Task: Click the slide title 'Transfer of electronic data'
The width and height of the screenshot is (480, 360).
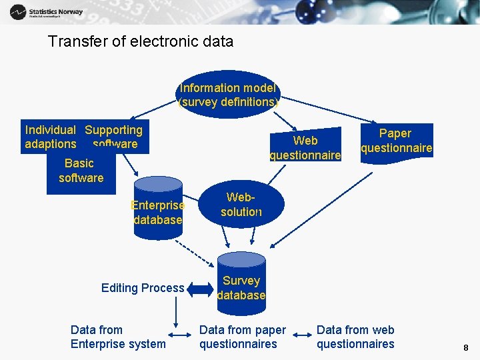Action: (x=141, y=41)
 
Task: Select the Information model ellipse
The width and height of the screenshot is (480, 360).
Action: (x=228, y=95)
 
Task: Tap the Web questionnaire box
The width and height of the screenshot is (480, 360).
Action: (x=305, y=147)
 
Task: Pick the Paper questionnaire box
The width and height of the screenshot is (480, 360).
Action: (x=396, y=141)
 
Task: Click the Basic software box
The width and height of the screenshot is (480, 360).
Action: (x=81, y=171)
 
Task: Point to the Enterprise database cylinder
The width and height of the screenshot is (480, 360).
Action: (x=157, y=209)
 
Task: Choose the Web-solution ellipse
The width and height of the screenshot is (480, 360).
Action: (x=241, y=205)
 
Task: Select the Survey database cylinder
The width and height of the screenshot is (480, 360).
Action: (x=241, y=284)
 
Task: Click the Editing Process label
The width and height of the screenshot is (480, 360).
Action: (x=143, y=288)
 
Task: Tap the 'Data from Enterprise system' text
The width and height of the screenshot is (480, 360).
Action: (x=117, y=337)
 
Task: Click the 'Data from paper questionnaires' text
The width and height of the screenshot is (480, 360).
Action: (x=242, y=337)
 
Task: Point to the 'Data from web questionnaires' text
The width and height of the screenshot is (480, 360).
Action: (x=355, y=337)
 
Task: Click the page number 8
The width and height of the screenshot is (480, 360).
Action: (x=465, y=347)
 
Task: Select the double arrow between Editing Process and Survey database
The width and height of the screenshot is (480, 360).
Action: (x=199, y=289)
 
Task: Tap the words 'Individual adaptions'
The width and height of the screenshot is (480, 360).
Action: (x=50, y=137)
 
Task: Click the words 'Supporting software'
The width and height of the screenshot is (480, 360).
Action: (x=114, y=137)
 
